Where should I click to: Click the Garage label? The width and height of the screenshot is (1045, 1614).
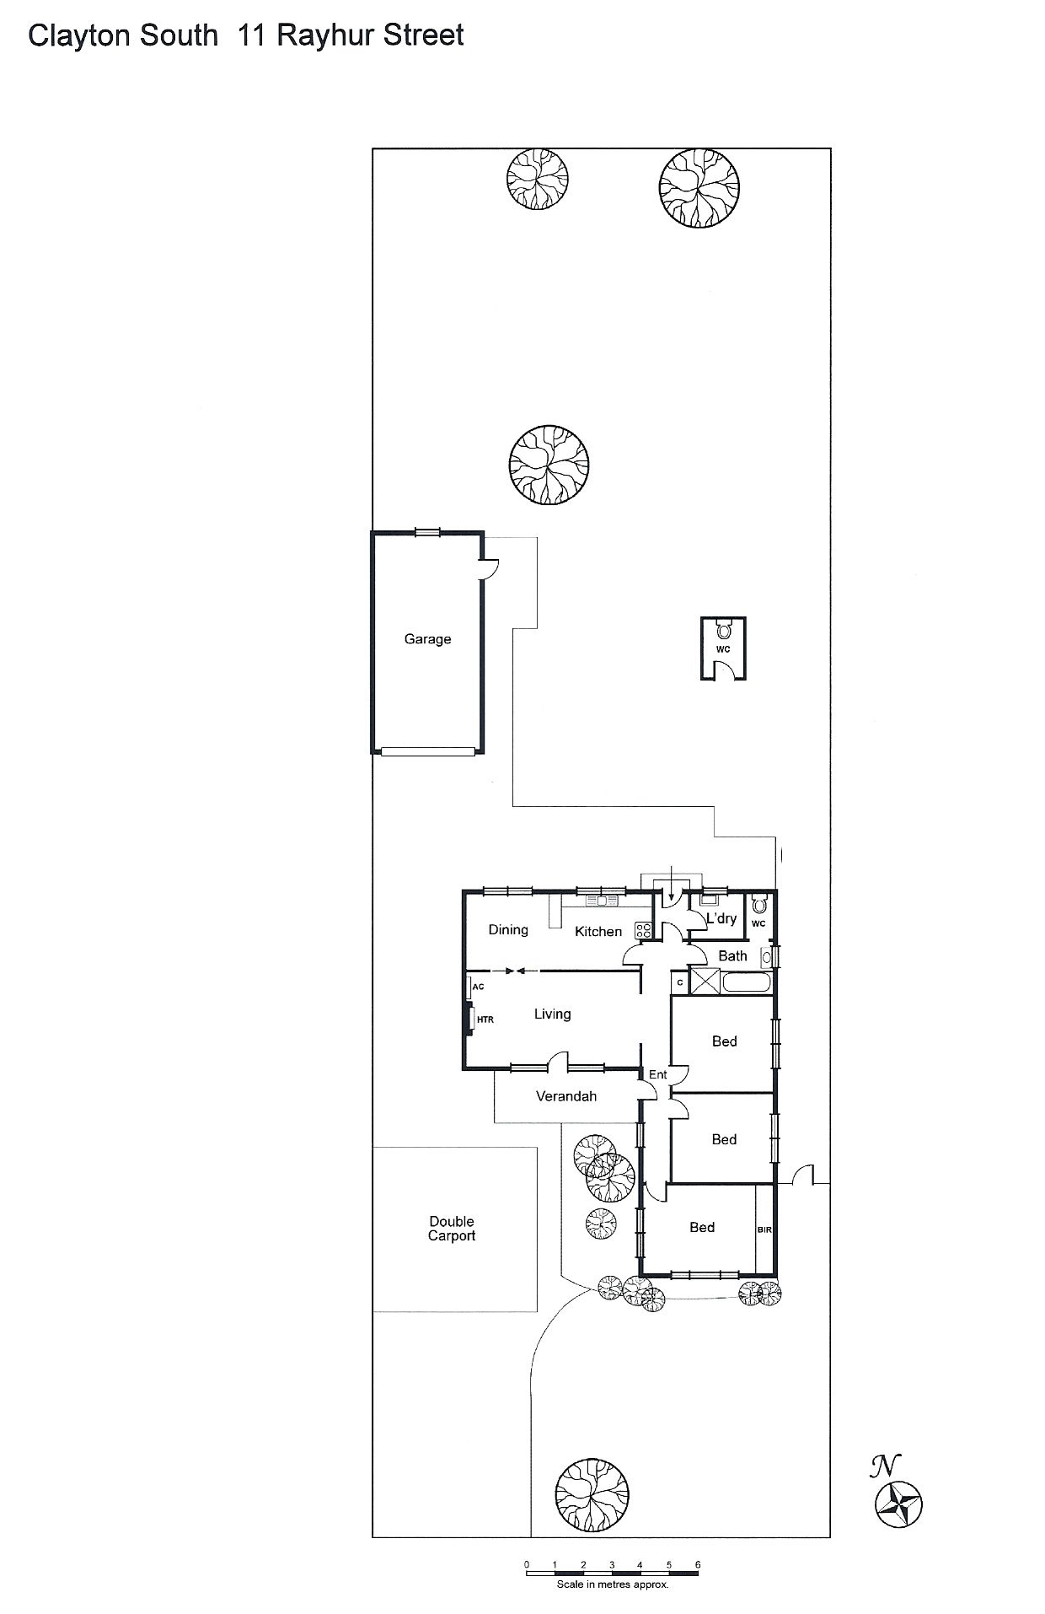[x=427, y=639]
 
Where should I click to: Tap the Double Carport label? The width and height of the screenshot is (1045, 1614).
[x=452, y=1229]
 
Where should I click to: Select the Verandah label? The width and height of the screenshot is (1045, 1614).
[x=566, y=1096]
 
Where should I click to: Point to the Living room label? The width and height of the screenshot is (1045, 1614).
[x=553, y=1014]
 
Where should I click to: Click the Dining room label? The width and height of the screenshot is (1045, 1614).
[x=508, y=930]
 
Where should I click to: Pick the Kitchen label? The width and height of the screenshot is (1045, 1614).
[x=598, y=932]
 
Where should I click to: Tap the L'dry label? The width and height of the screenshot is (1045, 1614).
[x=721, y=918]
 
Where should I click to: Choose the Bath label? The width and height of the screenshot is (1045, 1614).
[x=732, y=956]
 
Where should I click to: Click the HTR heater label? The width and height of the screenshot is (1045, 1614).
[x=485, y=1020]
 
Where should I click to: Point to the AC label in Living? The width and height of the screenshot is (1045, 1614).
[x=478, y=987]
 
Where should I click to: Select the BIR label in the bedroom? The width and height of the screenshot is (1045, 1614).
[x=764, y=1230]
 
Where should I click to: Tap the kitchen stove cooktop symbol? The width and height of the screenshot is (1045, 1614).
[x=644, y=931]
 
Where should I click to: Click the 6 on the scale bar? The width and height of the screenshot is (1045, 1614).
[x=698, y=1564]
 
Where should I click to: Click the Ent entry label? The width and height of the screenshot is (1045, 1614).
[x=657, y=1074]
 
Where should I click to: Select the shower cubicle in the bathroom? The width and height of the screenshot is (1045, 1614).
[x=706, y=982]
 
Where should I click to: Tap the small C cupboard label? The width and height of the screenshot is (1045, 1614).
[x=680, y=982]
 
